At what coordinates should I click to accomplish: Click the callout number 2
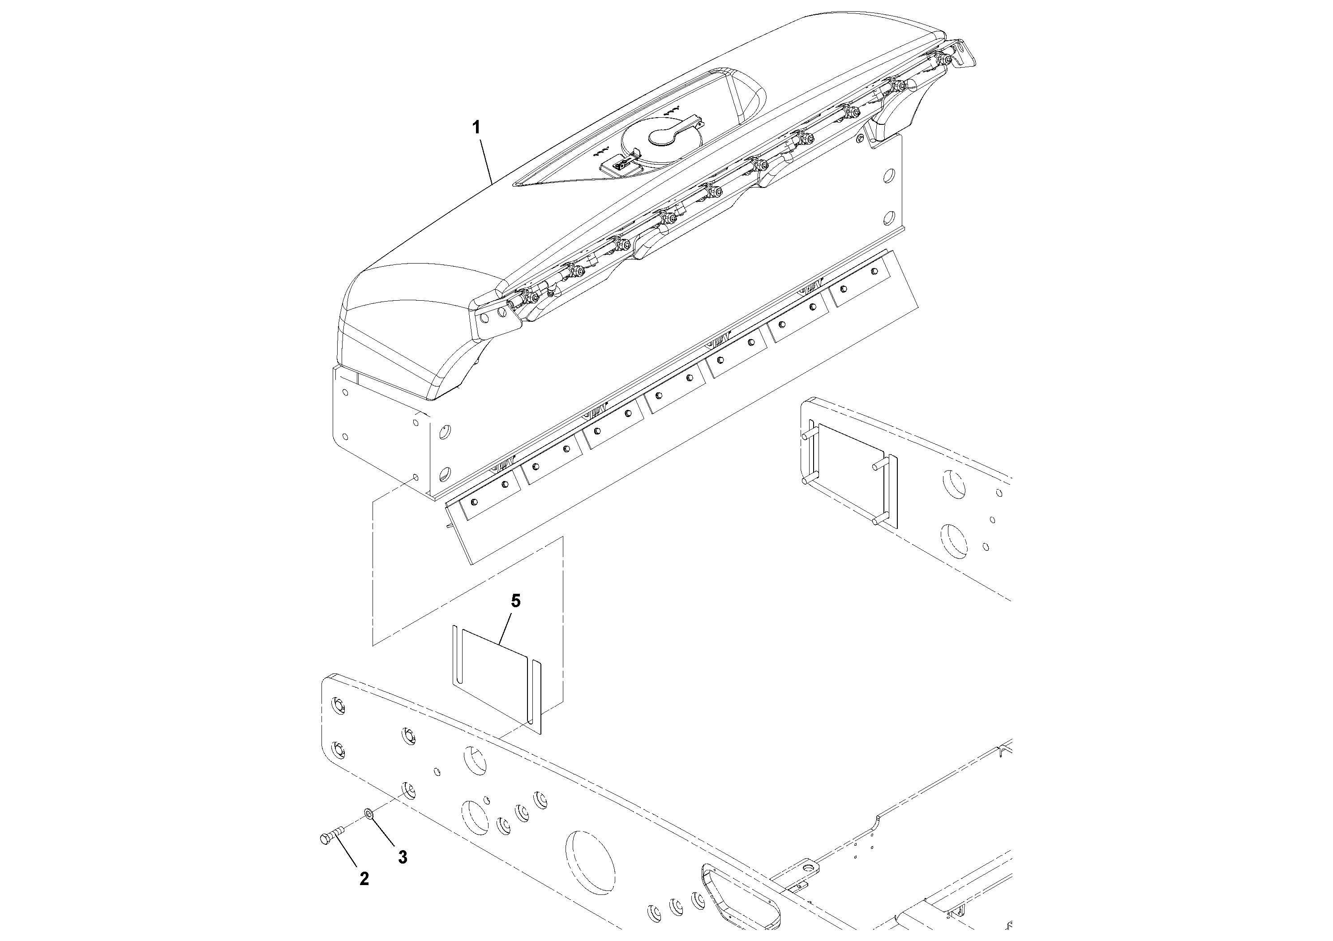tap(364, 879)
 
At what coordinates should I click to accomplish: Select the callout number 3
tap(403, 857)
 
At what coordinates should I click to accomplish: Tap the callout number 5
tap(515, 601)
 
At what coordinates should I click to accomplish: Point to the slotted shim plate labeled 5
tap(493, 679)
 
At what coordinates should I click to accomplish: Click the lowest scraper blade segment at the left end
tap(489, 495)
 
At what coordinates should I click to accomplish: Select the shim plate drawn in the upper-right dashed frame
tap(851, 473)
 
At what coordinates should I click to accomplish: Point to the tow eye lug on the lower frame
tap(806, 867)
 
